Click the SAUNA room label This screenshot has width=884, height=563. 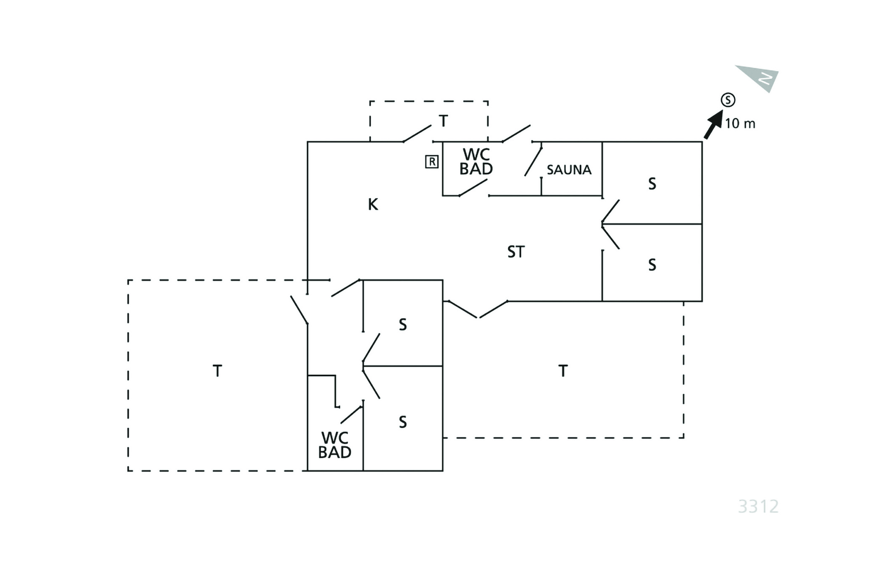(x=568, y=170)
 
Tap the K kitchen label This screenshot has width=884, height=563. (x=373, y=204)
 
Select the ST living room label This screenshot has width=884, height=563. (x=516, y=252)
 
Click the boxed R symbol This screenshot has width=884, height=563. (x=432, y=161)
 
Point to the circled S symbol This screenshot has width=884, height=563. (x=728, y=100)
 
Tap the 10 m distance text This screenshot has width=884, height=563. (x=740, y=124)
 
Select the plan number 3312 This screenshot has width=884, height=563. (x=758, y=506)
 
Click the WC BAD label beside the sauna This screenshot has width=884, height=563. (x=476, y=161)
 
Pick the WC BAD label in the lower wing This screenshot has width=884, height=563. (x=335, y=445)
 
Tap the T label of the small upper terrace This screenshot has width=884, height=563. (x=443, y=121)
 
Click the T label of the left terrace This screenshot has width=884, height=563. (x=218, y=371)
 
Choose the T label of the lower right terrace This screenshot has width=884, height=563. (x=563, y=371)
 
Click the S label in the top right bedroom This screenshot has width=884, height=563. (x=652, y=184)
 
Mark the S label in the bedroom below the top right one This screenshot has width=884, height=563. (x=652, y=265)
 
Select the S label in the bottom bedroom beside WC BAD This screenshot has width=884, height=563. (x=402, y=422)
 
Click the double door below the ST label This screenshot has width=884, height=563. (x=478, y=309)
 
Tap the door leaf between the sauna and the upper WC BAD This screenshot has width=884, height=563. (x=533, y=161)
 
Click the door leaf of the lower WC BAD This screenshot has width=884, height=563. (x=351, y=414)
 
